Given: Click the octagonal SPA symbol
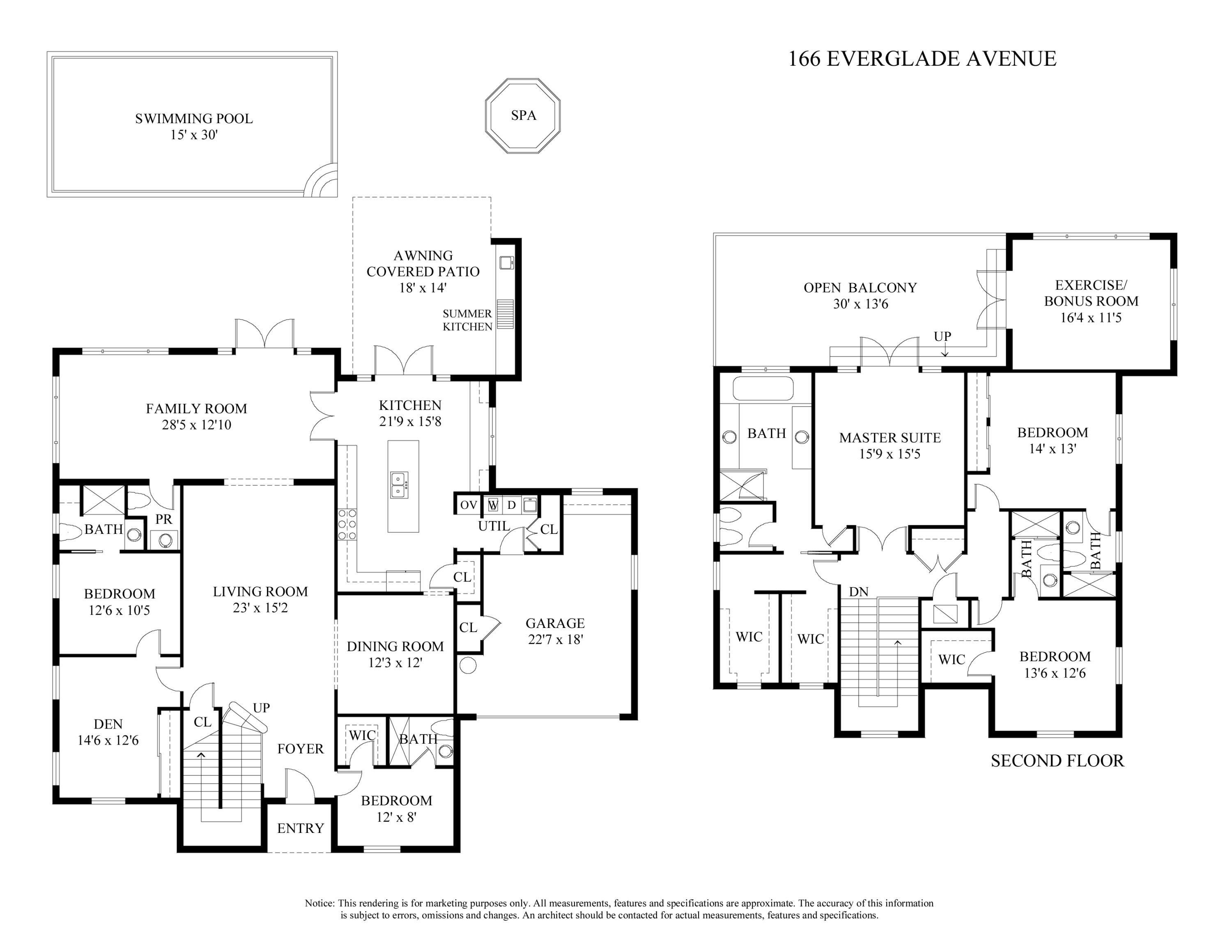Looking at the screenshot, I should tap(523, 116).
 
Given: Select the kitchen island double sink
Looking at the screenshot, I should tap(400, 485).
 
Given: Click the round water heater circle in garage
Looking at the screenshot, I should tap(468, 665).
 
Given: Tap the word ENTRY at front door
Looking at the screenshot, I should tap(300, 828).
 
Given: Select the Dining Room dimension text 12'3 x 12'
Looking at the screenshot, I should tap(395, 663).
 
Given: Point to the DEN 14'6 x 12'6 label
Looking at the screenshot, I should tap(108, 732).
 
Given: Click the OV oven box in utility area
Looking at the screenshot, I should tap(468, 505).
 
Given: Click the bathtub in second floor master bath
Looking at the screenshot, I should tap(763, 389).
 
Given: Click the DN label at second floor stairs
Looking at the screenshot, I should tap(859, 592).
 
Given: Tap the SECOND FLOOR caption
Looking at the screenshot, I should tap(1057, 761).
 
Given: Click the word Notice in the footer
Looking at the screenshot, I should tap(319, 903).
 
